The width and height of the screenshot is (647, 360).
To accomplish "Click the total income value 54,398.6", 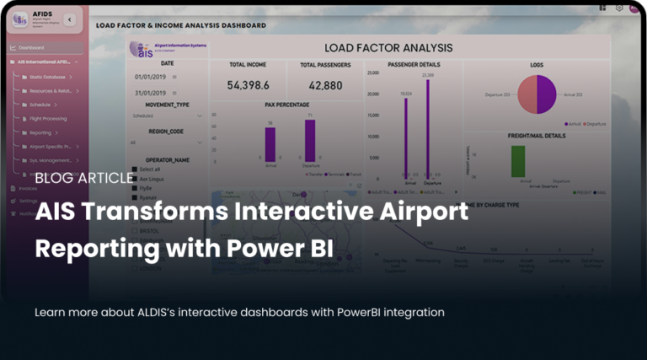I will click(x=248, y=85).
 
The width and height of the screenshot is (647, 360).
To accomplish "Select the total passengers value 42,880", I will click(x=325, y=85).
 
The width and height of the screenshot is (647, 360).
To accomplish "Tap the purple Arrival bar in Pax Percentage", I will click(x=270, y=144).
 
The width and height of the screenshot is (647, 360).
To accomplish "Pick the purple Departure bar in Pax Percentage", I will click(x=310, y=140).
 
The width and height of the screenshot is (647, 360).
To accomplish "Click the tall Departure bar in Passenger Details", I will click(x=427, y=127).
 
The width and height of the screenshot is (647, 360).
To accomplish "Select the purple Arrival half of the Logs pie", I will click(x=547, y=94).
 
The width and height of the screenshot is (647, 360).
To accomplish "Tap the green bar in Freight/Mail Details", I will click(x=518, y=161).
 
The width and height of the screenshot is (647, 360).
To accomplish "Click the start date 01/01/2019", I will click(x=150, y=76).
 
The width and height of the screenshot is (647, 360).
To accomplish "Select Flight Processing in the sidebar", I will click(x=49, y=118).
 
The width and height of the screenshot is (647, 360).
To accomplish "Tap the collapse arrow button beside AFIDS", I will click(x=69, y=19).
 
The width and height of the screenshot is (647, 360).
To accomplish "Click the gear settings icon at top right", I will click(x=619, y=7).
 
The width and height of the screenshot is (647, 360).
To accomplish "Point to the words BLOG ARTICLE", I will click(x=84, y=177).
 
